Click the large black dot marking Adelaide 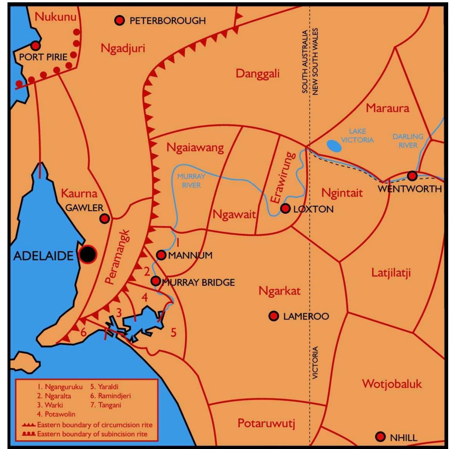coord(87,254)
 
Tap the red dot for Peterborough coord(119,20)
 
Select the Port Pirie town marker coord(36,46)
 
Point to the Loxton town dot coord(285,208)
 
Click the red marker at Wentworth coord(412,176)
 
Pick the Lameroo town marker coord(274,316)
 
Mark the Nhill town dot coord(380,437)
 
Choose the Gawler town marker coord(104,218)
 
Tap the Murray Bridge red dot coord(155,281)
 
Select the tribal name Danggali coord(257,74)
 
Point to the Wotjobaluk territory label coord(392,384)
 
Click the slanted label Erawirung coord(283,178)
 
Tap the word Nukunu coord(55,17)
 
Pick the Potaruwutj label coord(266,424)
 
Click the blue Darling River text coord(408,141)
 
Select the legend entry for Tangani coord(106,405)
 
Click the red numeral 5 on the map coord(173,332)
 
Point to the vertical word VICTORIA coord(315,362)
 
